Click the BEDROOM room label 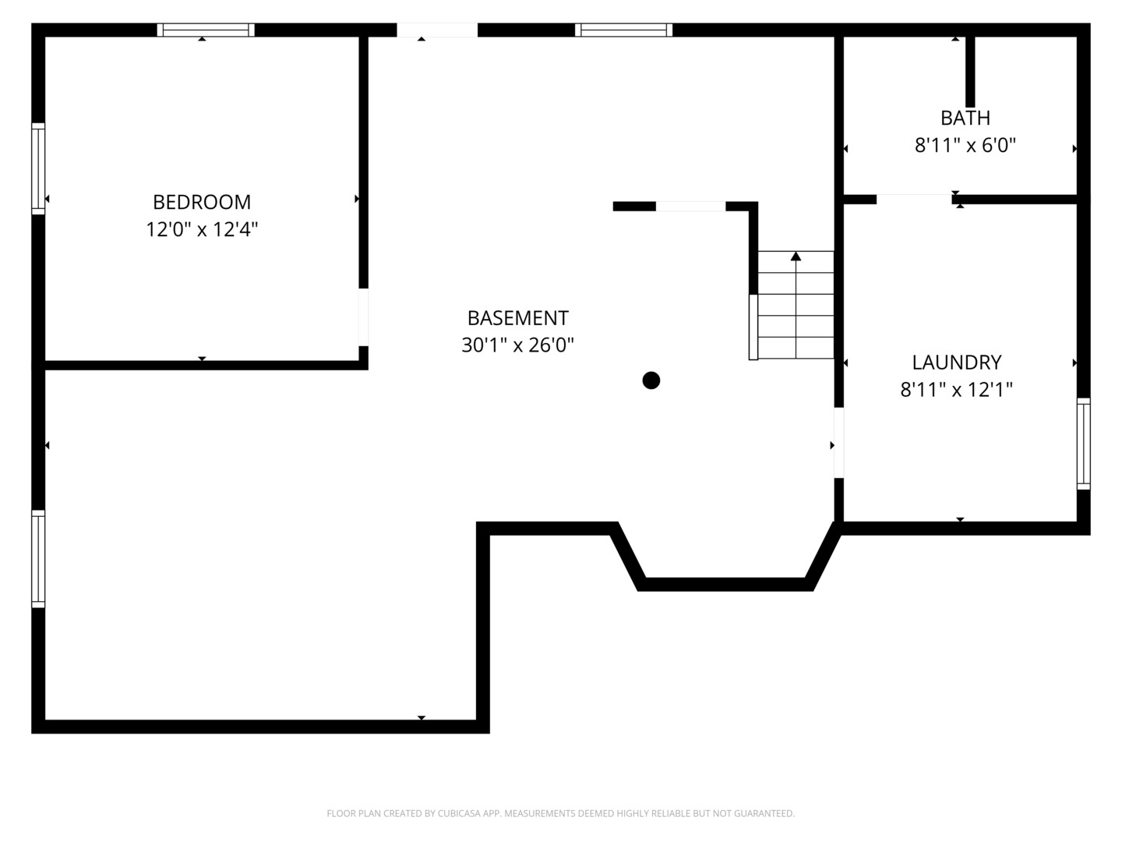202,202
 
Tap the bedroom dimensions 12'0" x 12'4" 202,230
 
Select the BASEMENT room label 517,318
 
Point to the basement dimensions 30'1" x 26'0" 517,345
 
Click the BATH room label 965,118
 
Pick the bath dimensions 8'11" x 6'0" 965,146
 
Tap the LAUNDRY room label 957,363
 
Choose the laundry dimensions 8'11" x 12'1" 957,390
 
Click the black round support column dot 651,380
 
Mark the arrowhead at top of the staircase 796,256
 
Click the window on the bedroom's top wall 206,30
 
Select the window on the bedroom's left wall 37,168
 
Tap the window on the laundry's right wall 1084,444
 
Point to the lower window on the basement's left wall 37,558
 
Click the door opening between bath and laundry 914,199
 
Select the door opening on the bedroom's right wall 363,317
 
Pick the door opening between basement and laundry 839,442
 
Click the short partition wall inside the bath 970,71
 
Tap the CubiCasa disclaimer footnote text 560,814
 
